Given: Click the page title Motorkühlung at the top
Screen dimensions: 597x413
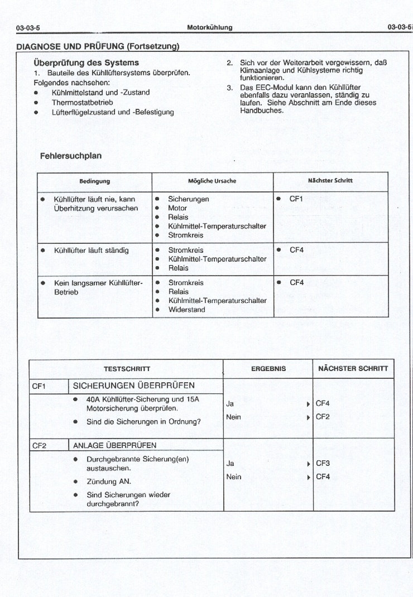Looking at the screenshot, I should tap(210, 27).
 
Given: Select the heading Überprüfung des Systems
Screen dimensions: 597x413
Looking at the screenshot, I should tap(87, 62).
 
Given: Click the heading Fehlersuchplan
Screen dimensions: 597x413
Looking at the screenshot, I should tap(71, 156).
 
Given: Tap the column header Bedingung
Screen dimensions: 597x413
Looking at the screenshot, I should tap(94, 181).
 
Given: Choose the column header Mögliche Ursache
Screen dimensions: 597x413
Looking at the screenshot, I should tap(212, 181).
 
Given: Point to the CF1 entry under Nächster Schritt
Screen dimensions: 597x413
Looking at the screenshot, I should tap(296, 199).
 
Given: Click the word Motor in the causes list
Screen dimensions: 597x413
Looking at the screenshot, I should tap(177, 208).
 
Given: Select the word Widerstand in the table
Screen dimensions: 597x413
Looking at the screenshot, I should tap(186, 310).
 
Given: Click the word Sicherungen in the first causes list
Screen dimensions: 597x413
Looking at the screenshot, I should tap(189, 199).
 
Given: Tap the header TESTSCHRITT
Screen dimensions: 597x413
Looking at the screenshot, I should tap(127, 369).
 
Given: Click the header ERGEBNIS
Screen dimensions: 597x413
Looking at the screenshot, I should tap(268, 369).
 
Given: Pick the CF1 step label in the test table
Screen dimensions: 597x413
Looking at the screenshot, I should tap(39, 386).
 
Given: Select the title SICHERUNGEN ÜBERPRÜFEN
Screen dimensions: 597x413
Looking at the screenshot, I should tap(134, 386).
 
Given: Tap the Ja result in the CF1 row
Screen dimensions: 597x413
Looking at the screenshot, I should tap(230, 403).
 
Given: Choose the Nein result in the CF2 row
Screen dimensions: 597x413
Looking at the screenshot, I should tap(233, 477).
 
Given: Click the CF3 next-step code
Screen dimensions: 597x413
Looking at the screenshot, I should tap(323, 463).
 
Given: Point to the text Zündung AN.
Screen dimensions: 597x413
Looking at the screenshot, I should tap(109, 481).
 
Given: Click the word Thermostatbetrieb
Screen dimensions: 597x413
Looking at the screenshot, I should tap(83, 103).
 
